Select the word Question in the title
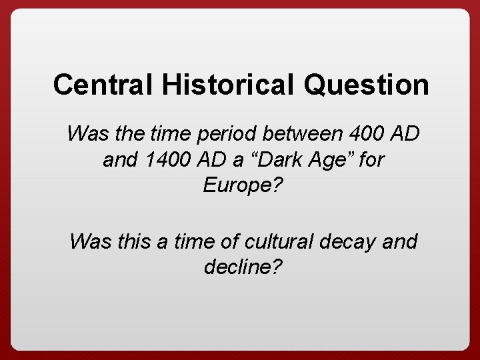click(x=365, y=85)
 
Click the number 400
click(x=369, y=133)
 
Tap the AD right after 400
click(x=405, y=133)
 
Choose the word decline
click(x=238, y=267)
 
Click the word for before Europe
click(x=371, y=160)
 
